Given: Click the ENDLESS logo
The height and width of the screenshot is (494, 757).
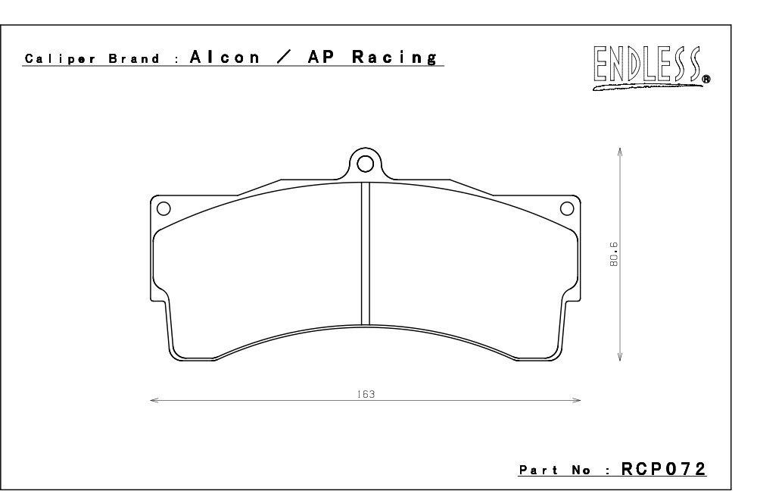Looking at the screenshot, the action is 651,67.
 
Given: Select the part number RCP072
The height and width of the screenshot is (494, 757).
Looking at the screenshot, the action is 663,469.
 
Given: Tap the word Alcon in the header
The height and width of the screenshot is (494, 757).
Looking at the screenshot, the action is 225,57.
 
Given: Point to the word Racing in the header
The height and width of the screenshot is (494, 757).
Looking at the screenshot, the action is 394,58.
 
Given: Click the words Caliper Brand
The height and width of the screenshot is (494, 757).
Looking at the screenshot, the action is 92,59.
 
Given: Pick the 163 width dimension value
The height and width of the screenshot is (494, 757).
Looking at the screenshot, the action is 366,395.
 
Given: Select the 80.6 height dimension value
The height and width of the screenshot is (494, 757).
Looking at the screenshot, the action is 614,255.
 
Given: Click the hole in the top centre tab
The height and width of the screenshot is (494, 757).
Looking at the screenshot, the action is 366,164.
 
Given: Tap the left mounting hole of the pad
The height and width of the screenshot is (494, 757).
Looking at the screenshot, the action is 164,209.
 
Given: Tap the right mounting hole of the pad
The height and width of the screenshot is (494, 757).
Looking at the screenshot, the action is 567,209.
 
